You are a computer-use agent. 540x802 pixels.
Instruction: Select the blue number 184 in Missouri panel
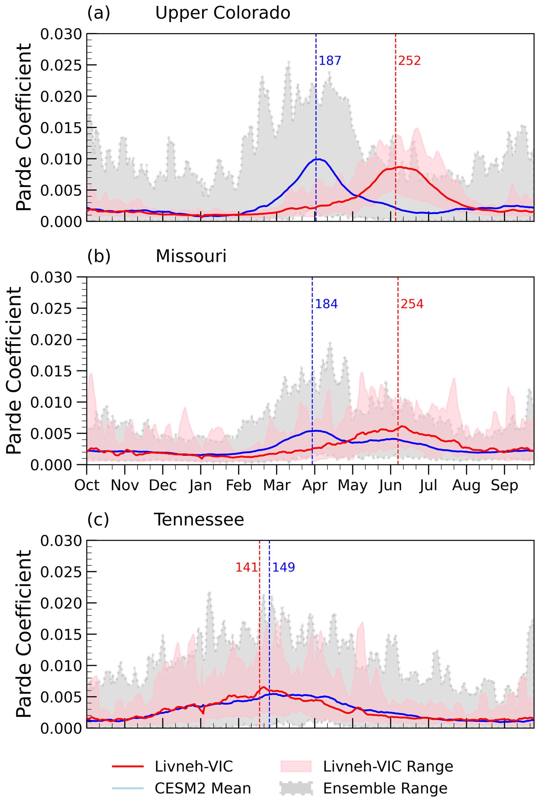326,304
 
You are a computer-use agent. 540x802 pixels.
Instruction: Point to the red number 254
412,304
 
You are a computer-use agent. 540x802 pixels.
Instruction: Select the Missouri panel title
191,256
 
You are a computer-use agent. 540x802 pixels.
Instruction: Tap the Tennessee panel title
199,519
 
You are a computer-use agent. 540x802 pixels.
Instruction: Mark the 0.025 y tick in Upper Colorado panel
61,65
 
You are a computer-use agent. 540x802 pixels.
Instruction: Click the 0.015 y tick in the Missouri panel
51,371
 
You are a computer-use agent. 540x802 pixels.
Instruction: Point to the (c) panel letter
98,519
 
